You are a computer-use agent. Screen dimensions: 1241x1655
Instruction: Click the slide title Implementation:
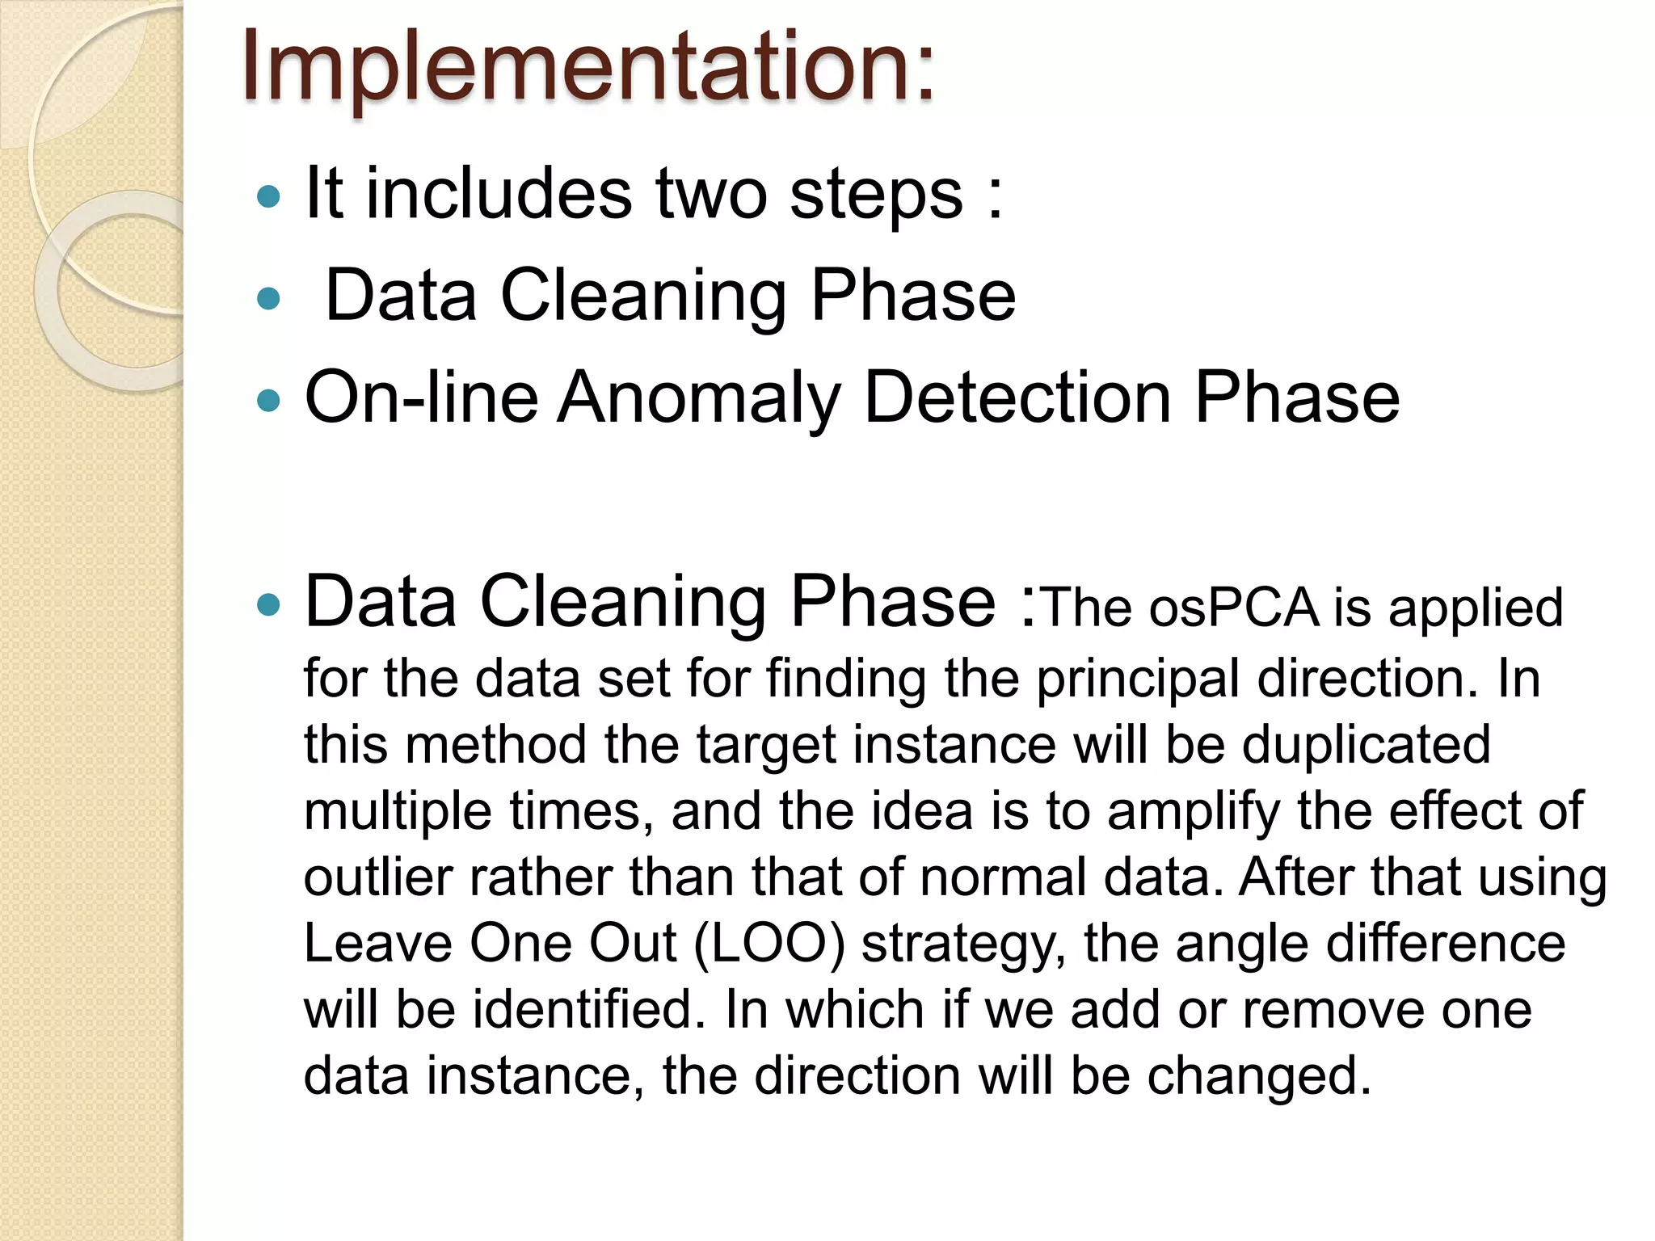click(x=588, y=66)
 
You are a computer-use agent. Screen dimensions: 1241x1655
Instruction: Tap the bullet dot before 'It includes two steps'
click(x=267, y=196)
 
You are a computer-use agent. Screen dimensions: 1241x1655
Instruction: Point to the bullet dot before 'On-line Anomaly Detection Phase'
click(x=267, y=400)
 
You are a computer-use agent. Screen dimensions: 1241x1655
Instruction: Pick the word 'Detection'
click(x=1017, y=398)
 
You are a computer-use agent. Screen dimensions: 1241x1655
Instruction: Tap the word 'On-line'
click(x=421, y=398)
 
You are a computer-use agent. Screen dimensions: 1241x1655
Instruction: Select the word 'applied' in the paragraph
click(x=1476, y=610)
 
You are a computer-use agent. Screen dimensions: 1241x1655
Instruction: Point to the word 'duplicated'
click(x=1366, y=745)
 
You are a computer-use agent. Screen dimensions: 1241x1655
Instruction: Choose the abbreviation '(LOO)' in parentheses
click(x=769, y=944)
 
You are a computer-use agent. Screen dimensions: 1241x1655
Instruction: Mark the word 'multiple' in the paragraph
click(x=398, y=812)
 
